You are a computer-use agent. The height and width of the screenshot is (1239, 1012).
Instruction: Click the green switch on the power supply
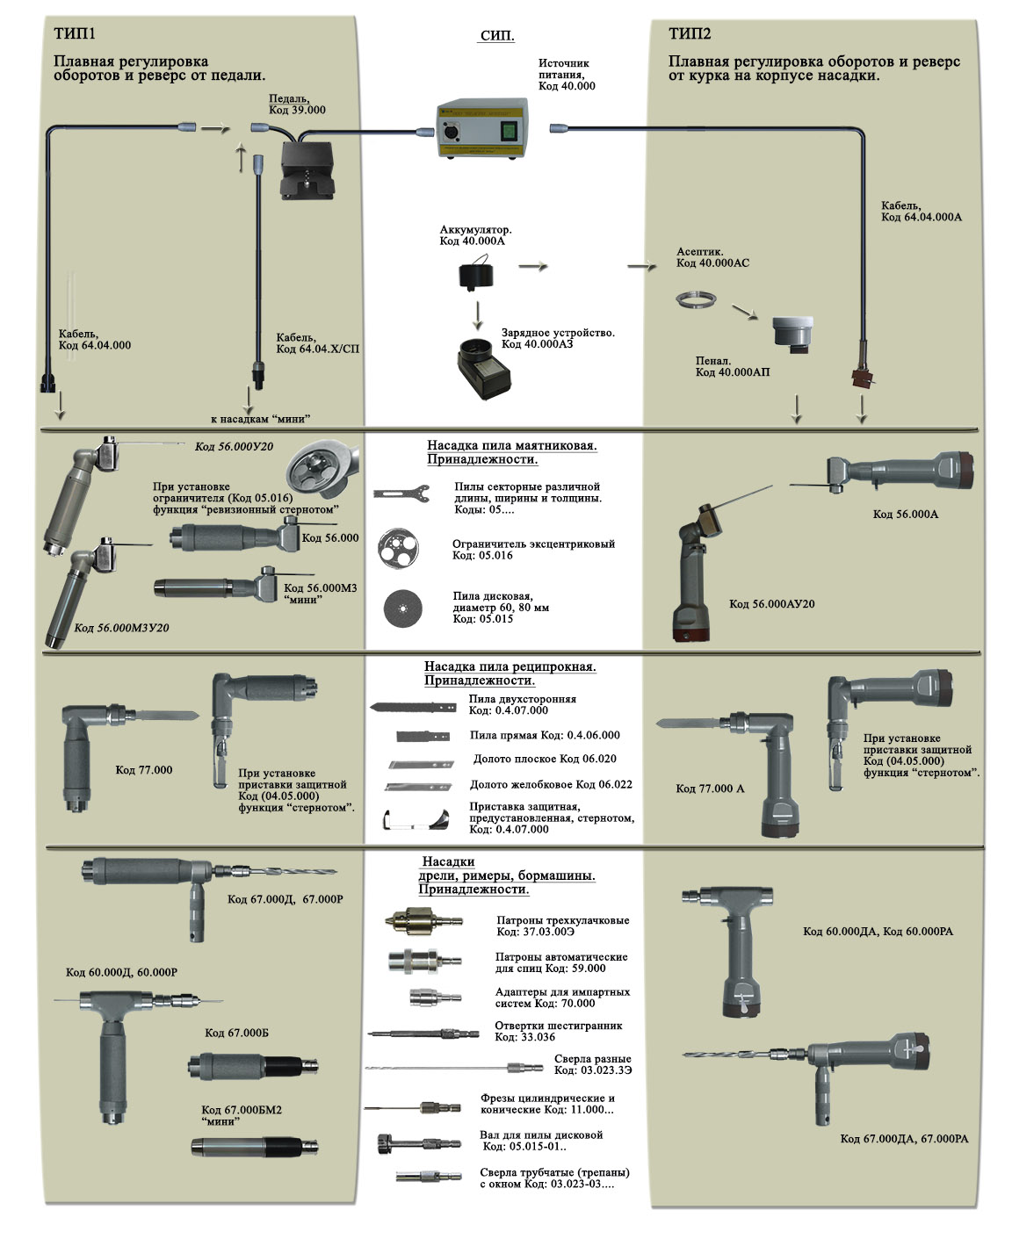pos(508,131)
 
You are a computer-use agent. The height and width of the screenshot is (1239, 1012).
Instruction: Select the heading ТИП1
pos(74,34)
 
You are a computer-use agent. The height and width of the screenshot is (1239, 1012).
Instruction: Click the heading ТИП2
pos(689,34)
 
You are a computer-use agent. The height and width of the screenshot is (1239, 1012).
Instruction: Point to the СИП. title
pos(497,36)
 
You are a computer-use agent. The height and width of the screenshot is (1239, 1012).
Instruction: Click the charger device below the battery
pos(483,365)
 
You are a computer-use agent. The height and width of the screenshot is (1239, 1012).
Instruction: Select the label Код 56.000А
pos(905,514)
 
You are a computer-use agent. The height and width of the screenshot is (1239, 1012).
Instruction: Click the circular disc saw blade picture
pos(402,608)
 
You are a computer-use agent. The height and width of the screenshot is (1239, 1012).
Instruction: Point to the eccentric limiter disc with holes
pos(398,546)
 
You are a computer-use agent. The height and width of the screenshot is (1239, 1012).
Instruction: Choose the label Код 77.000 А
pos(709,789)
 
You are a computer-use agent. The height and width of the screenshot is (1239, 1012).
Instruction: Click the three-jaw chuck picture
pos(420,922)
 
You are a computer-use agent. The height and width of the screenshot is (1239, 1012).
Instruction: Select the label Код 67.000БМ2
pos(242,1110)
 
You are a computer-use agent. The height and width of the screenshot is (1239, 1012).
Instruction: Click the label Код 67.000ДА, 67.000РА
pos(904,1139)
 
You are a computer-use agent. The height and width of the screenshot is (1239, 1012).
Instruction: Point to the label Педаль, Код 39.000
pos(296,104)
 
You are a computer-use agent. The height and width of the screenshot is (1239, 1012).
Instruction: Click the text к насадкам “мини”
pos(260,419)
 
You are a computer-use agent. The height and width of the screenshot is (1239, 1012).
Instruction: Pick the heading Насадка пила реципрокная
pos(510,666)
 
